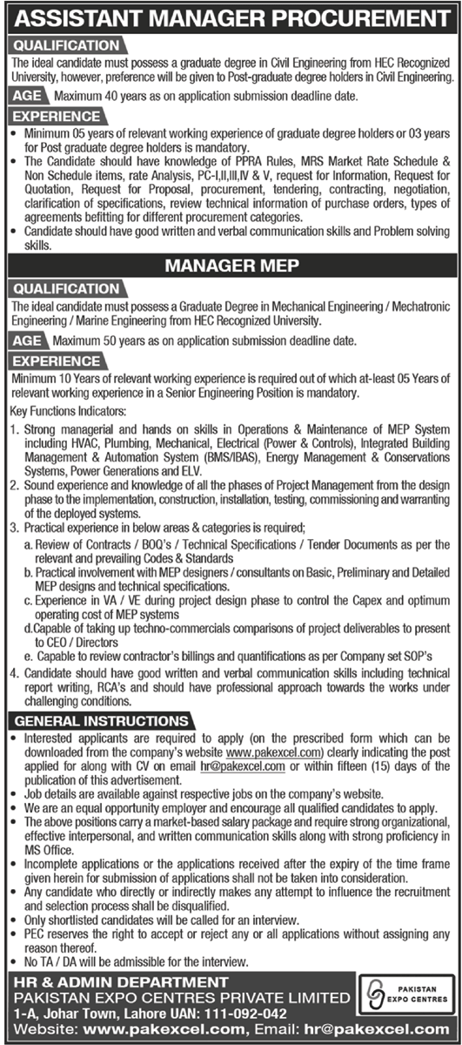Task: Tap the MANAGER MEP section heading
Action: pyautogui.click(x=231, y=263)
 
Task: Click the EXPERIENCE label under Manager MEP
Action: pyautogui.click(x=57, y=360)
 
